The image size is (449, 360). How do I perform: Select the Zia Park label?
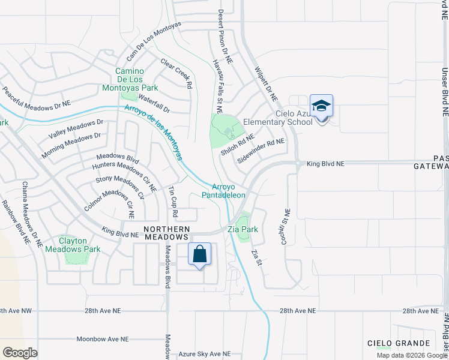(x=243, y=229)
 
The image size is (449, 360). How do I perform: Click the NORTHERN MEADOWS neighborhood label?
(x=167, y=233)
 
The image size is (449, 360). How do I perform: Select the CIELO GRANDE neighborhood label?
(x=399, y=343)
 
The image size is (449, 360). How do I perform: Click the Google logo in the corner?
(x=20, y=353)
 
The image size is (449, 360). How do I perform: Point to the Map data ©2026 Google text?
(x=412, y=355)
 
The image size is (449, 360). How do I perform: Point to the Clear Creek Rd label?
(x=176, y=73)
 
